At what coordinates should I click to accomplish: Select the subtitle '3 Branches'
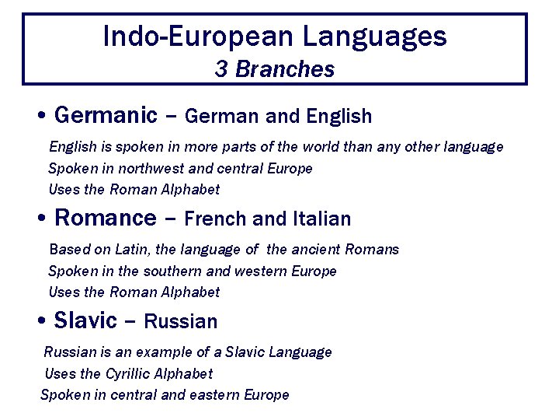tap(275, 69)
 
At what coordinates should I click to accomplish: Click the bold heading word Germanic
tap(106, 116)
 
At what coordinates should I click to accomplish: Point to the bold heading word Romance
tap(105, 218)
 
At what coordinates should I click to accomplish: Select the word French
tap(216, 219)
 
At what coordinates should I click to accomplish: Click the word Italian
tap(322, 219)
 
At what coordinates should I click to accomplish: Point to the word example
tap(181, 352)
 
